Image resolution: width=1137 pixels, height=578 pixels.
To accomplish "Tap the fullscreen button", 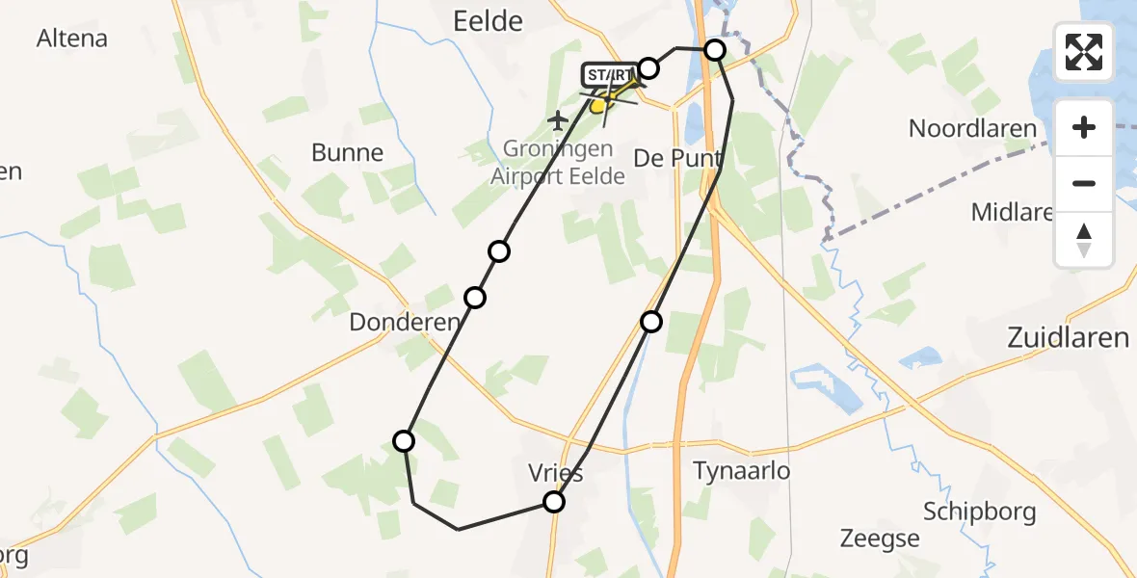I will coord(1084,52).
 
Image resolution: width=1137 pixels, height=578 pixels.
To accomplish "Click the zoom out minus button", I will coord(1084,183).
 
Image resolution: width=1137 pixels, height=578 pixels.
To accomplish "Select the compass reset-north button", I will coord(1084,240).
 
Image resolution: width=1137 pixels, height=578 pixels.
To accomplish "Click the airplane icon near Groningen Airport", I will coord(558,120).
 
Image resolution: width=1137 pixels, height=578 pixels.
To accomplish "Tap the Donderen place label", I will coord(405,323).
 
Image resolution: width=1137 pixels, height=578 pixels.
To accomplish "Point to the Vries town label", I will coord(556,474).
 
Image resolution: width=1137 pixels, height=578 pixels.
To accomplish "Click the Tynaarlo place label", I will coord(742,471).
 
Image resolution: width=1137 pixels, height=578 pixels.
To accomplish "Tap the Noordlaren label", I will coord(973,129).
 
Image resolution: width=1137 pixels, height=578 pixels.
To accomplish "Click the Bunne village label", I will coord(347,152).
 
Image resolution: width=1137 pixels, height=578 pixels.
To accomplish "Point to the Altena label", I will coord(71,39).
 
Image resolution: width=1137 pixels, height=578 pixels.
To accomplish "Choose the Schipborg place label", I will coord(979,511).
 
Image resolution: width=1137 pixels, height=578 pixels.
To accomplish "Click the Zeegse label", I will coord(879,539).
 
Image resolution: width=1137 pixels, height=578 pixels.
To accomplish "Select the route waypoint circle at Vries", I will coord(554,502).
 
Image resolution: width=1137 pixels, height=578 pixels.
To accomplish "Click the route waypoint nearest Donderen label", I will coord(475,298).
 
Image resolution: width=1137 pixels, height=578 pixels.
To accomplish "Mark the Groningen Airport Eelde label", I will coord(558,163).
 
